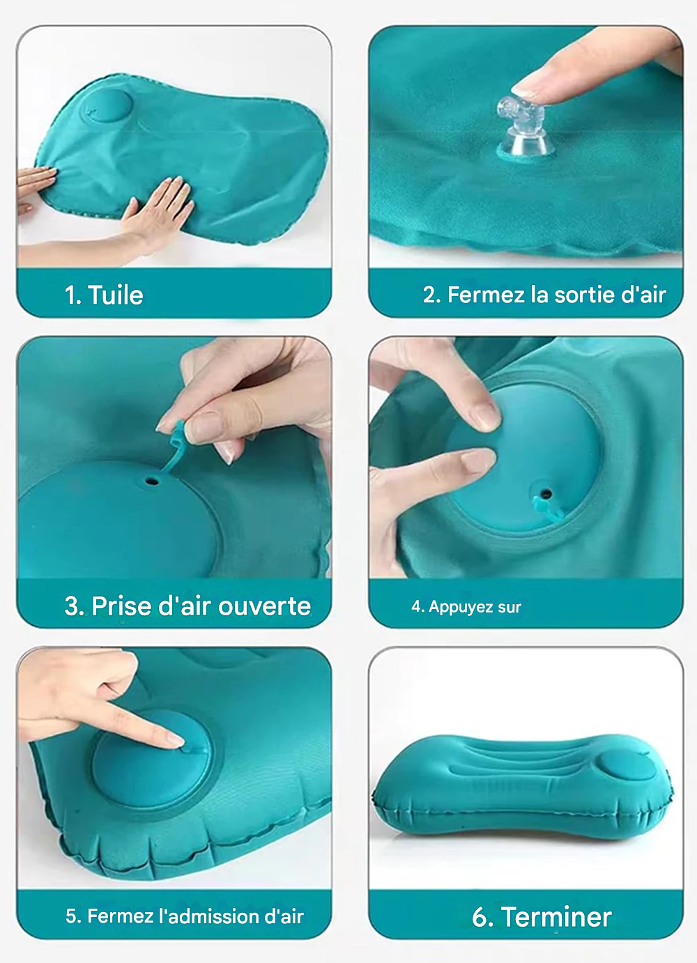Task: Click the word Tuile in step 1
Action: pyautogui.click(x=116, y=295)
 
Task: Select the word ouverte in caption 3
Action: pyautogui.click(x=264, y=606)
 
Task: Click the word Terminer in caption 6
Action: pyautogui.click(x=556, y=917)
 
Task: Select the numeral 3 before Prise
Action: pyautogui.click(x=71, y=607)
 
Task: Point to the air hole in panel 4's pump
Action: pyautogui.click(x=546, y=492)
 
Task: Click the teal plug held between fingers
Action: pyautogui.click(x=175, y=447)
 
